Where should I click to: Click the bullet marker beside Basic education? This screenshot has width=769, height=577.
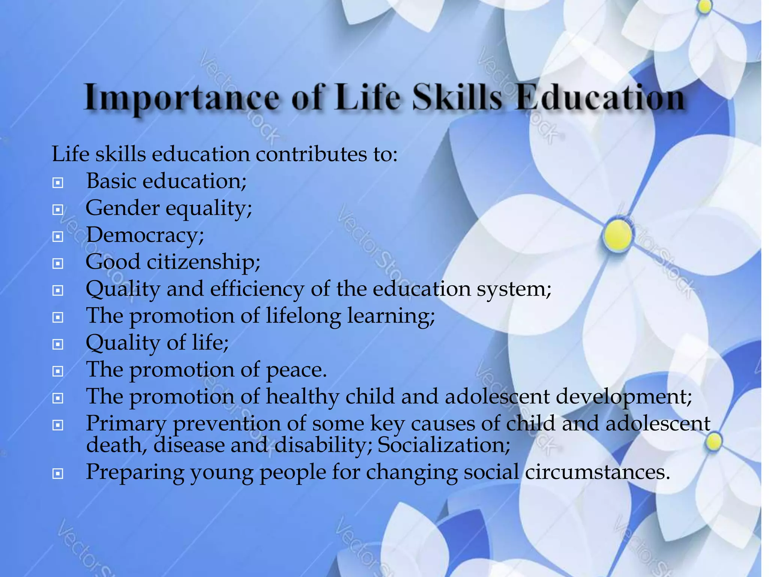pyautogui.click(x=57, y=183)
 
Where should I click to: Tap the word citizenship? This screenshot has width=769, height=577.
pyautogui.click(x=203, y=262)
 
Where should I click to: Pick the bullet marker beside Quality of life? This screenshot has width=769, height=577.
pyautogui.click(x=57, y=344)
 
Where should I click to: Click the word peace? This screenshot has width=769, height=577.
pyautogui.click(x=296, y=370)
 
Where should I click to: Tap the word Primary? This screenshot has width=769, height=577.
pyautogui.click(x=126, y=424)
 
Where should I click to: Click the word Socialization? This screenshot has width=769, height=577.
pyautogui.click(x=443, y=445)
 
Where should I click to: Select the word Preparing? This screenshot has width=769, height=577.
pyautogui.click(x=135, y=472)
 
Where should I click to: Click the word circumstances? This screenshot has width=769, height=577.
pyautogui.click(x=597, y=472)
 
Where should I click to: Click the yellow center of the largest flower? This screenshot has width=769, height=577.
pyautogui.click(x=617, y=235)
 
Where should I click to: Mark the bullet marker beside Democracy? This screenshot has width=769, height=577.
pyautogui.click(x=57, y=237)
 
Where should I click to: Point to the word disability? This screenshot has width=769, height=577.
pyautogui.click(x=323, y=445)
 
